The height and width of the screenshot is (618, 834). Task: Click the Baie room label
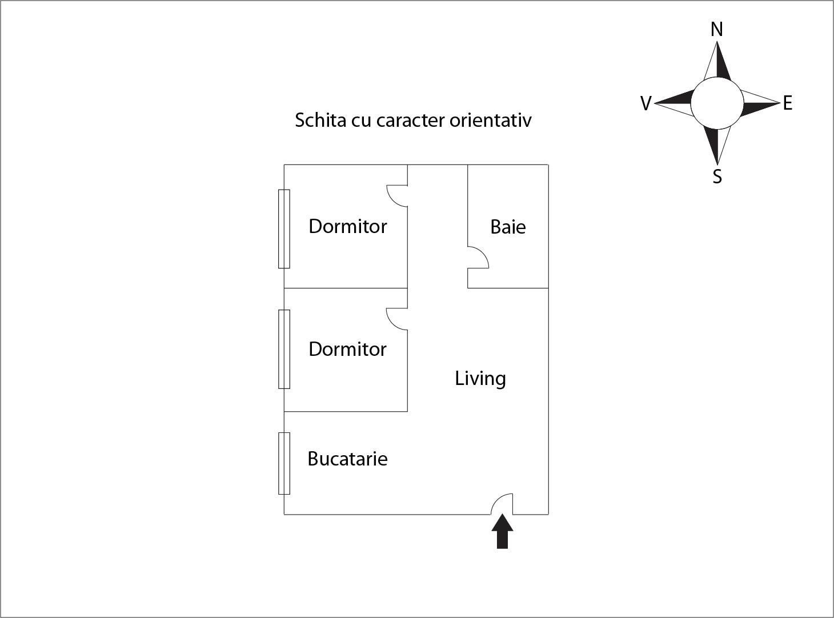508,227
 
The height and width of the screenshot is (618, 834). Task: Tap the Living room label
480,378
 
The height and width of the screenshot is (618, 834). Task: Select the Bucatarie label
347,459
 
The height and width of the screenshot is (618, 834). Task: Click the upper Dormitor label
347,226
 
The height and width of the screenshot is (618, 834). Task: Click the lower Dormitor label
347,349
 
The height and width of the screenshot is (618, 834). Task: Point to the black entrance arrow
502,532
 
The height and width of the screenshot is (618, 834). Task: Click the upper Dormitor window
284,228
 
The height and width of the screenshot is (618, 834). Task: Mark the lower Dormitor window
284,349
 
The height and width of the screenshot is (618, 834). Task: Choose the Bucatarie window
284,463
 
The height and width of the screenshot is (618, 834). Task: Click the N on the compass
717,29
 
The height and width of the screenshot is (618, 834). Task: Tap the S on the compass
717,177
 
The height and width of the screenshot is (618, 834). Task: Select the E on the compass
788,103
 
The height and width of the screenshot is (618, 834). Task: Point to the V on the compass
645,103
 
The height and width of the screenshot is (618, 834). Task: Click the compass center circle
717,103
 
